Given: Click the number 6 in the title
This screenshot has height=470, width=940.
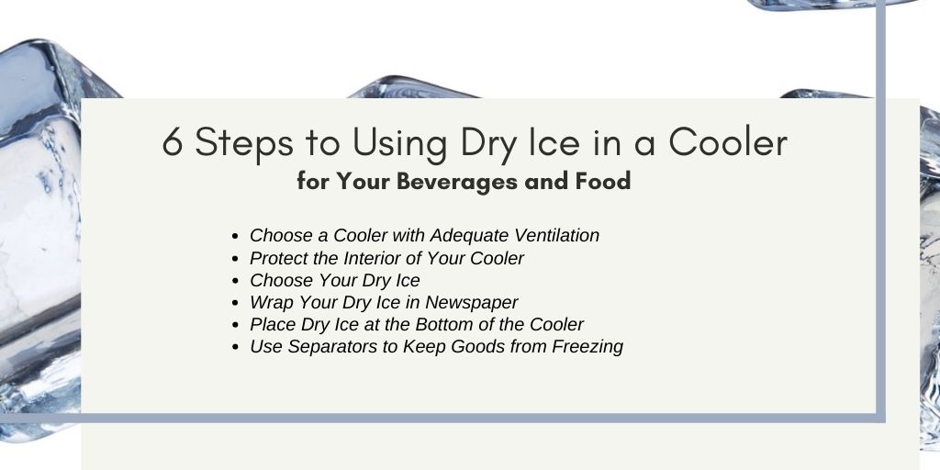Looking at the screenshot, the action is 173,142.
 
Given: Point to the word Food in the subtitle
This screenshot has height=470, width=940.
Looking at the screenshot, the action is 603,181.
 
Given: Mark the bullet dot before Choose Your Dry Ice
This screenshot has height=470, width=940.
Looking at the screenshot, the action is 236,281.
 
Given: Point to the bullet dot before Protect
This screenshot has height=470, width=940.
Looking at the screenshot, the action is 236,259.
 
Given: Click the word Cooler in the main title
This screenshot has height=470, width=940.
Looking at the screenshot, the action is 728,142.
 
